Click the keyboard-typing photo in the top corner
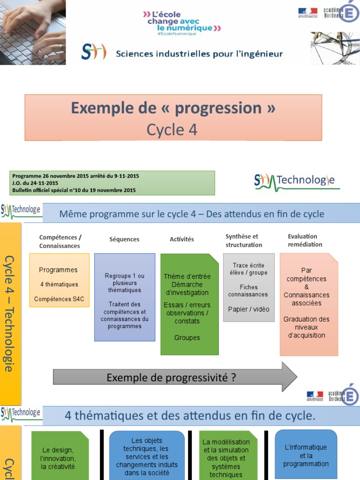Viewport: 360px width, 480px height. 33,32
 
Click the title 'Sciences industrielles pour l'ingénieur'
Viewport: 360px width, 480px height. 199,54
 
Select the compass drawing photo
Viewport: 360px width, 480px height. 335,48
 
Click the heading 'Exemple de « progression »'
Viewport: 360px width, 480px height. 173,108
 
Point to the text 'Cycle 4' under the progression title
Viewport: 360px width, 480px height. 172,130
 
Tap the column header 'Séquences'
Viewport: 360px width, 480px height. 124,240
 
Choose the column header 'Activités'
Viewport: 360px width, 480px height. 182,240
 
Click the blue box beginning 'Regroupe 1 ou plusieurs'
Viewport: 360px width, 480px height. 125,297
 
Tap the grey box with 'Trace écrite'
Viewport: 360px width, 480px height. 248,287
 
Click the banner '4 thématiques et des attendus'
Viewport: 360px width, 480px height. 190,416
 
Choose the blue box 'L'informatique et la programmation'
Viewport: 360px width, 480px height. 306,454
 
